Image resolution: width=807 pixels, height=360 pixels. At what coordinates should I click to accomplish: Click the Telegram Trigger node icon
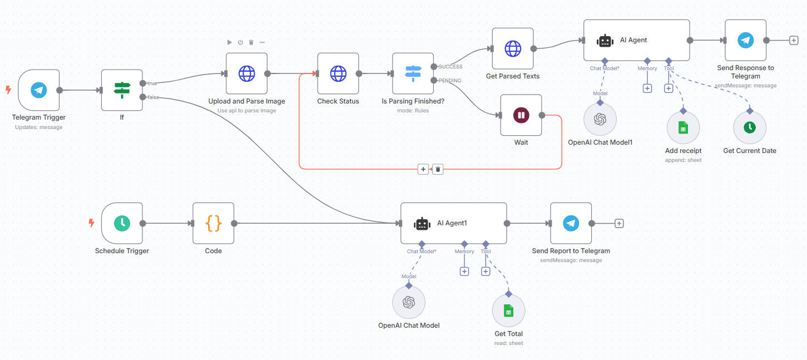pyautogui.click(x=38, y=90)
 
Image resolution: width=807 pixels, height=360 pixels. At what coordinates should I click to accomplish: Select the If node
pyautogui.click(x=122, y=90)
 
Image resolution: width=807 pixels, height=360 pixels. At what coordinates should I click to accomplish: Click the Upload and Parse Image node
pyautogui.click(x=246, y=73)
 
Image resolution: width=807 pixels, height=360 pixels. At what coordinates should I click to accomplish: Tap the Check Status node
pyautogui.click(x=338, y=73)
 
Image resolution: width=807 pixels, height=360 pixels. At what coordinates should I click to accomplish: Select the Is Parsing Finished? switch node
pyautogui.click(x=413, y=73)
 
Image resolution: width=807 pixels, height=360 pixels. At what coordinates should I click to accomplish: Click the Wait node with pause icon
pyautogui.click(x=521, y=115)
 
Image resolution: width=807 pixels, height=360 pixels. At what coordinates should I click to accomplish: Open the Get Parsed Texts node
pyautogui.click(x=512, y=48)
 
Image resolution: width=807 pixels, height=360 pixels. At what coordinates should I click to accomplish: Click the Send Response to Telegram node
pyautogui.click(x=745, y=40)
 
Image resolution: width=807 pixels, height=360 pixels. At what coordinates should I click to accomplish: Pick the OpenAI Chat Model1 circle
pyautogui.click(x=600, y=120)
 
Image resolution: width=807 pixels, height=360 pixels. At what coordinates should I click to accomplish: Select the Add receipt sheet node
pyautogui.click(x=683, y=128)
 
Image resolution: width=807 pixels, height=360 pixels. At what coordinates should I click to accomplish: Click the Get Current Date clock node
pyautogui.click(x=749, y=128)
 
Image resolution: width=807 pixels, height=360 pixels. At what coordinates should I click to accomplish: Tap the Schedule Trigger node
pyautogui.click(x=122, y=223)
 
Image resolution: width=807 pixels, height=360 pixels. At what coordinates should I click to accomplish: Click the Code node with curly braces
pyautogui.click(x=213, y=223)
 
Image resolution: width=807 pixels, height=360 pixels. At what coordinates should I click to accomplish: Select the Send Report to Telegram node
pyautogui.click(x=571, y=223)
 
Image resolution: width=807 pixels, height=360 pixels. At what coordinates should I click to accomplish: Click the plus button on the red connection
pyautogui.click(x=423, y=169)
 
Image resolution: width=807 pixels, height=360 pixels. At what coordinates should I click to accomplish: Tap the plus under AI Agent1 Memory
pyautogui.click(x=464, y=272)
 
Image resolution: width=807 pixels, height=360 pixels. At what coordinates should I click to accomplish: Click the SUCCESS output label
pyautogui.click(x=450, y=67)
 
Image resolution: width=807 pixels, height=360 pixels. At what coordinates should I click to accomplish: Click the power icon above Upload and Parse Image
pyautogui.click(x=240, y=42)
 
